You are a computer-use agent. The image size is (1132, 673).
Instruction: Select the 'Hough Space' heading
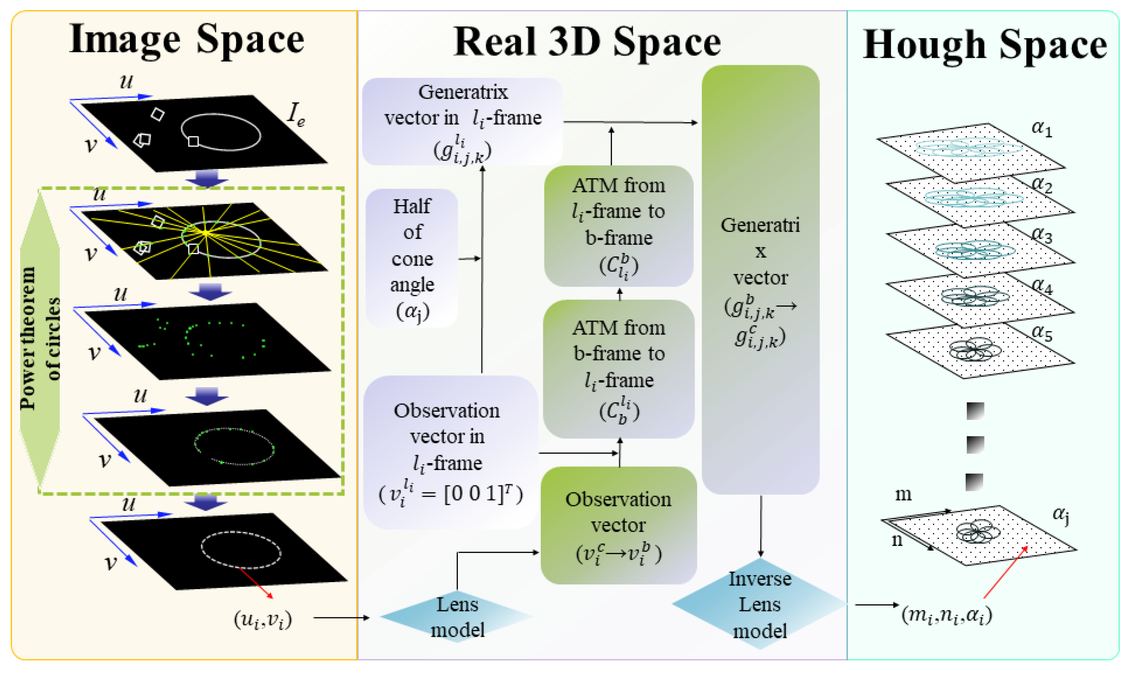985,45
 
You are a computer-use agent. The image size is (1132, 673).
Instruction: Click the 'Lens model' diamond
457,617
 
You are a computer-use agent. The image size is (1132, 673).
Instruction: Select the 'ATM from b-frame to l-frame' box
619,368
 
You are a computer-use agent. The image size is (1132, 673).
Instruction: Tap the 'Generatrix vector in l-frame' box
462,122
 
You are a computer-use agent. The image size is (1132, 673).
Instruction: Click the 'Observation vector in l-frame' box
450,452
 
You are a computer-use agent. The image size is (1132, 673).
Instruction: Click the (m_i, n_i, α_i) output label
947,615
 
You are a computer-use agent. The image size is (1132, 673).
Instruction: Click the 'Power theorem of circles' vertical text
40,338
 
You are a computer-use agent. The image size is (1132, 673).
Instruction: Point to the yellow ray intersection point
206,233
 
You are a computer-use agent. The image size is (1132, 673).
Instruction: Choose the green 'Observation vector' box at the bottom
618,525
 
